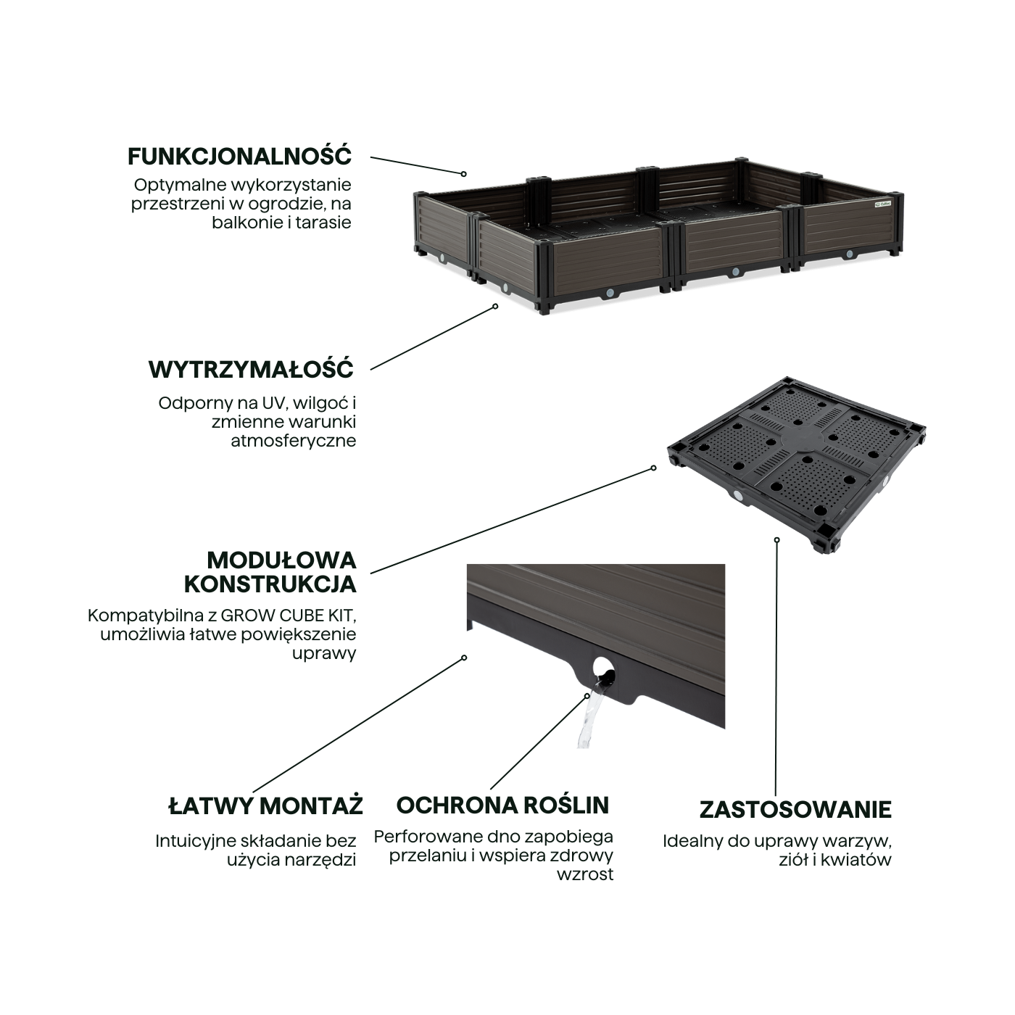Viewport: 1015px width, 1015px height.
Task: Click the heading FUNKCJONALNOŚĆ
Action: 239,157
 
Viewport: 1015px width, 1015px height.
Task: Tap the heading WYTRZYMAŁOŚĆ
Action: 251,369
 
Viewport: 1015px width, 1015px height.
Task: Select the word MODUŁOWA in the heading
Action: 282,560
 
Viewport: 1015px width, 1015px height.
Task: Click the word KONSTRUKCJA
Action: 270,584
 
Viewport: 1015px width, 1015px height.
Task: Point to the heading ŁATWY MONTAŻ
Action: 265,806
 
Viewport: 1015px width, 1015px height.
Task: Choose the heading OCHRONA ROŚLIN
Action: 502,805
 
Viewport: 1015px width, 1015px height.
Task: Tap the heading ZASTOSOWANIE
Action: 795,810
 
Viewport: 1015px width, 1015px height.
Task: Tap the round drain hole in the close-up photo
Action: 602,669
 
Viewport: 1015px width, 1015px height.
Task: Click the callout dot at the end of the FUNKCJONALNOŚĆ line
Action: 464,174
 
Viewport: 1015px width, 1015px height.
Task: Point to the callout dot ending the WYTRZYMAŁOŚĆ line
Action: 496,306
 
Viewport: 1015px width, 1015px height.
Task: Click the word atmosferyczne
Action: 294,441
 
